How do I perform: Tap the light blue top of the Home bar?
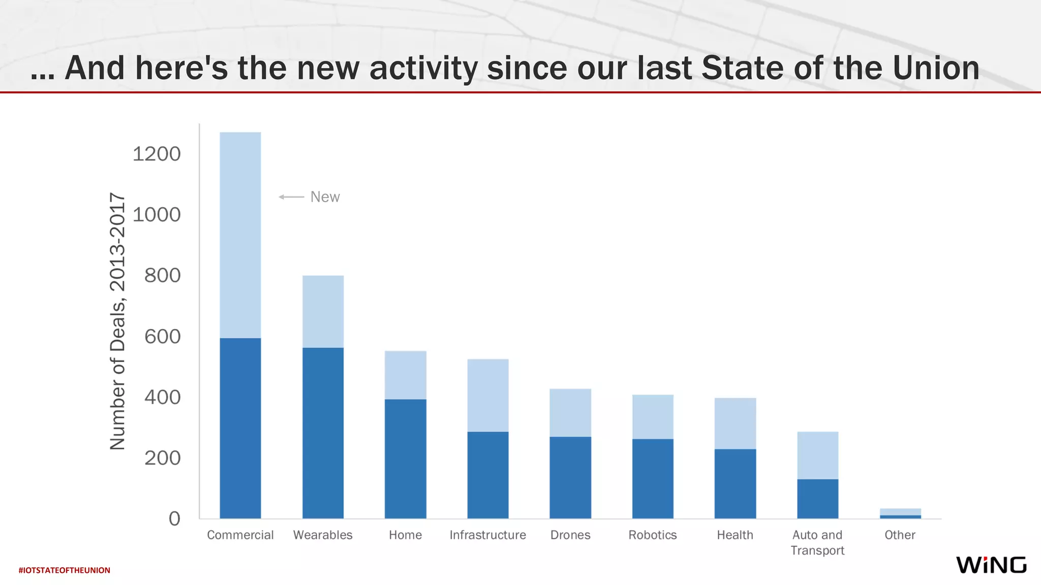click(405, 375)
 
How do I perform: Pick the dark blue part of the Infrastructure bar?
click(487, 475)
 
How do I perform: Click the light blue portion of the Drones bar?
click(570, 412)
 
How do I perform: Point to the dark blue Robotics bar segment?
click(653, 478)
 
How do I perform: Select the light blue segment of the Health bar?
click(735, 423)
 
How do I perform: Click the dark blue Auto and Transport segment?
click(817, 498)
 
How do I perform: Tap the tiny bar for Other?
click(900, 513)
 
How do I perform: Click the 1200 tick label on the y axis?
click(157, 154)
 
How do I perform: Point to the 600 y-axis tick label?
click(162, 336)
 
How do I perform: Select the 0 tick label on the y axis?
click(174, 518)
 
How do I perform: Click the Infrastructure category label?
click(487, 535)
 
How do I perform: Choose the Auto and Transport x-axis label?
click(817, 542)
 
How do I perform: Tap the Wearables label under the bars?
click(323, 535)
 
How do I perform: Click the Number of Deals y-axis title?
click(117, 321)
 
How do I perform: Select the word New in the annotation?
click(325, 197)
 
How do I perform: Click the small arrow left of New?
click(291, 197)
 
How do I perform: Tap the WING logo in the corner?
click(991, 565)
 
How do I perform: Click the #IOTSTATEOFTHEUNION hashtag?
click(64, 570)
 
